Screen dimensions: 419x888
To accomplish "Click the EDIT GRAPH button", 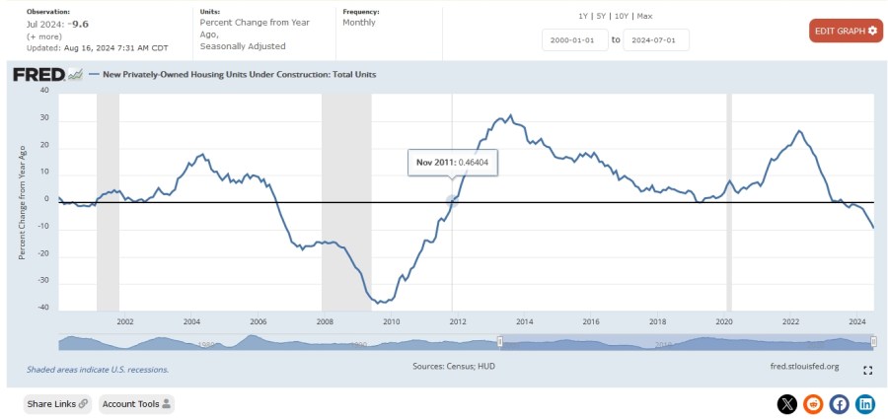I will point(846,31).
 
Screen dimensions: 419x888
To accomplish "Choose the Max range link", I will point(644,16).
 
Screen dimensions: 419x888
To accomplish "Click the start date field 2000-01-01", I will point(572,39).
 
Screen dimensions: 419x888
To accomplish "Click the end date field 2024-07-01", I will point(655,39).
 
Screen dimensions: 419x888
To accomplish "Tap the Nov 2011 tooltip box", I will point(453,163).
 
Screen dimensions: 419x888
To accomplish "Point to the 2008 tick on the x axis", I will point(324,321).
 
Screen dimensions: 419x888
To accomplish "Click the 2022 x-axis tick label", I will point(790,321).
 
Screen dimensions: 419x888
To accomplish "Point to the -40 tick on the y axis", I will point(42,307).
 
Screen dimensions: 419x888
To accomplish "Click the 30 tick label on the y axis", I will point(44,118).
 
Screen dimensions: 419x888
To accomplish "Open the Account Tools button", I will point(136,403).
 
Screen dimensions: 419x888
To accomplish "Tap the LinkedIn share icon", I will point(865,403).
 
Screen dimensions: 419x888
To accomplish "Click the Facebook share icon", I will point(839,403).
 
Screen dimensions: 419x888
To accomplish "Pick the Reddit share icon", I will point(813,403).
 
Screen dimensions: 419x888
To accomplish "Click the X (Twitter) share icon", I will point(786,403).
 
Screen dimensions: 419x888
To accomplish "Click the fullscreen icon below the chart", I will point(867,371).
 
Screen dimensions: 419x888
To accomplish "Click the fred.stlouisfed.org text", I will point(803,367).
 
